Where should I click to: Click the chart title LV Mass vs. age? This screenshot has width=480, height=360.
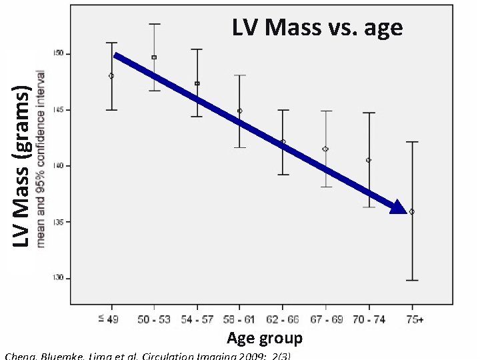317,27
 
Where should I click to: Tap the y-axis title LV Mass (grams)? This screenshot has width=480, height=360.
23,167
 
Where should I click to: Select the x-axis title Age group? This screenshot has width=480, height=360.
264,338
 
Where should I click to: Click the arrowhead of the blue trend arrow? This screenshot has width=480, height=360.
398,207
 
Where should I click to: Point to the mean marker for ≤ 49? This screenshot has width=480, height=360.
111,76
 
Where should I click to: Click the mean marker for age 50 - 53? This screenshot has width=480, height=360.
154,57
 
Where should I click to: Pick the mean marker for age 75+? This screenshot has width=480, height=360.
411,211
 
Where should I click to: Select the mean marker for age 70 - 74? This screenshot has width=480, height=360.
369,160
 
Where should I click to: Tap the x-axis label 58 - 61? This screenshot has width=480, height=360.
239,320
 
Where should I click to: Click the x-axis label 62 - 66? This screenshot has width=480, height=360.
282,320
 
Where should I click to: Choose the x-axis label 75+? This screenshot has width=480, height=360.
414,320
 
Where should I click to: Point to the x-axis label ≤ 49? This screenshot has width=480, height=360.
109,320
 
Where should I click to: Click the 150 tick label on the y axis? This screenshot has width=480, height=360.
59,53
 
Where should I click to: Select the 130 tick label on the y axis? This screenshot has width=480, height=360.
59,277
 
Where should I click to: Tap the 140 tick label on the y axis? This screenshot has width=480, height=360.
59,165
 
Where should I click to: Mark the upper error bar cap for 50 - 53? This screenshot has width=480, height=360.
154,24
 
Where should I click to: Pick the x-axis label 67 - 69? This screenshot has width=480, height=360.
326,320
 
